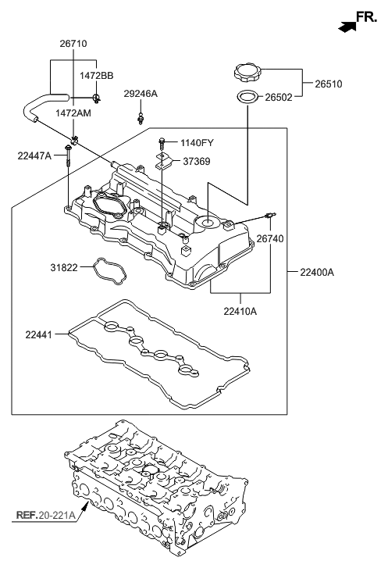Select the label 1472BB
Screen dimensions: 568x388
(96, 75)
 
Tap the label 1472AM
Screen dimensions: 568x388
(73, 113)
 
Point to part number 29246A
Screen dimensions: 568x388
(141, 94)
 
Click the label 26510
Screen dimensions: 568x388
(328, 84)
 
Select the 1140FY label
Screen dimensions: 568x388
(197, 143)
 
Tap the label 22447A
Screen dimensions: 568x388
(34, 156)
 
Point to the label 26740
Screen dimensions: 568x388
(271, 239)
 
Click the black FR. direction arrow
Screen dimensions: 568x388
(345, 26)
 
